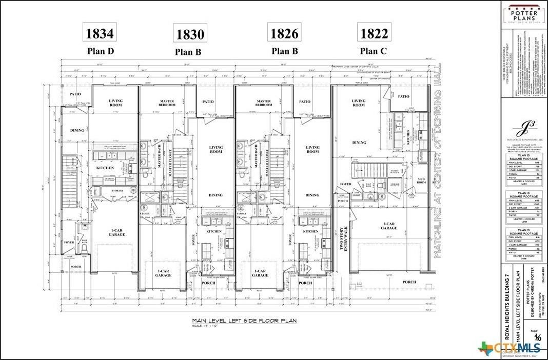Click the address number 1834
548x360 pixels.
click(100, 34)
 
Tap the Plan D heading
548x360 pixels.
click(100, 51)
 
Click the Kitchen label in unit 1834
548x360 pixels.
click(105, 168)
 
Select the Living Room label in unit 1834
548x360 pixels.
click(115, 103)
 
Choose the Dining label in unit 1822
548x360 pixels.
click(359, 143)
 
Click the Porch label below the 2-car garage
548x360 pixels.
click(409, 282)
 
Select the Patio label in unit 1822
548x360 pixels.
click(404, 96)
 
